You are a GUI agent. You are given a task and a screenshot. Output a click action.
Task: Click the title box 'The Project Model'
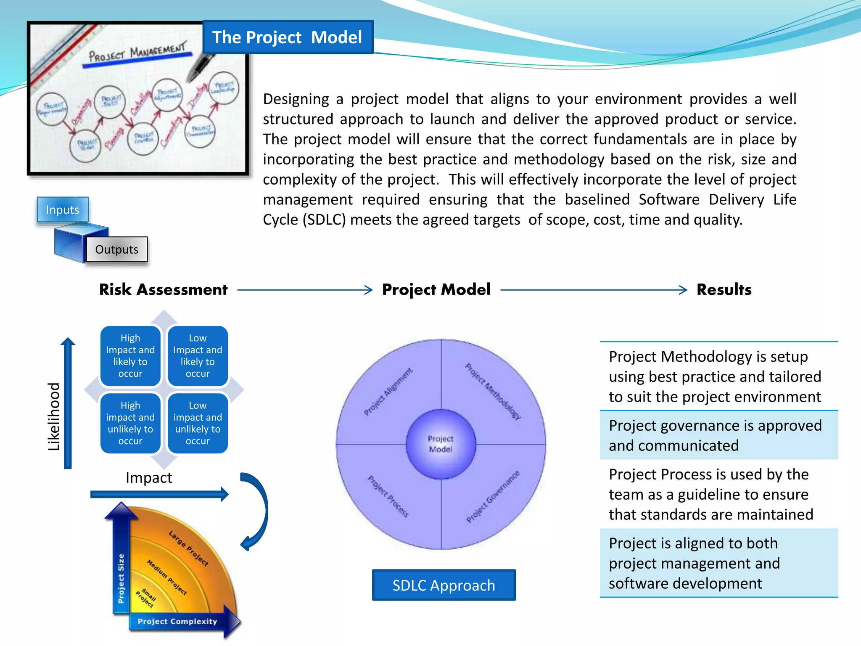[288, 37]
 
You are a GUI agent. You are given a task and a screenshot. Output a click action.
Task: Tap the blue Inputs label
[63, 209]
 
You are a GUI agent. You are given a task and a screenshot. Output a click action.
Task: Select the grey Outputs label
[117, 249]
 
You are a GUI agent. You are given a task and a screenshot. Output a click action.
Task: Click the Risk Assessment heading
[163, 290]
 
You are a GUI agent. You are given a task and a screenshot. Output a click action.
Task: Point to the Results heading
[724, 290]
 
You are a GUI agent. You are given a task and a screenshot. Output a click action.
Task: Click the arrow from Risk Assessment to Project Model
[305, 290]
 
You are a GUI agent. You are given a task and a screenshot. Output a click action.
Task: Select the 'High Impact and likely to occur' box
[130, 356]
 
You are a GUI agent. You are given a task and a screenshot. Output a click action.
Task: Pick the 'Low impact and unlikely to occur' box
[198, 423]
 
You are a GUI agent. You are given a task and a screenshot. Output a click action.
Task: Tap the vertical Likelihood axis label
[54, 416]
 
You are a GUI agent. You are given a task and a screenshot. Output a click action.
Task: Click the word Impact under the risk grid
[149, 478]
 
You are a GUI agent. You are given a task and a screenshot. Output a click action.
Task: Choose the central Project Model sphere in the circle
[441, 444]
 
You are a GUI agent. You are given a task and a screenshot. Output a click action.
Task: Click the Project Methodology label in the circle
[493, 391]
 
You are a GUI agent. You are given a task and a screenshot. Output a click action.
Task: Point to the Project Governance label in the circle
[493, 497]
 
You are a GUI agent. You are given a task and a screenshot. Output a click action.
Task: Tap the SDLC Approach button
[444, 585]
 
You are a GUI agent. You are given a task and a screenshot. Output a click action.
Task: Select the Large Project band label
[188, 548]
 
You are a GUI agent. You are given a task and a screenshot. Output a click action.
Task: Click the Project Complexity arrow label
[177, 621]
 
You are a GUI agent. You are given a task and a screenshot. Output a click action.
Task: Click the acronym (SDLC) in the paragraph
[324, 220]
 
